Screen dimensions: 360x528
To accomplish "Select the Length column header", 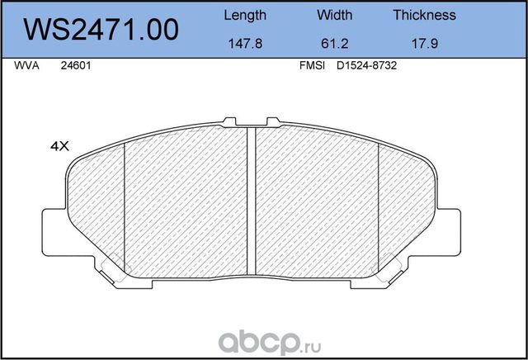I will (x=245, y=15).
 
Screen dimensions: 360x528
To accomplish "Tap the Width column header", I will (x=334, y=15).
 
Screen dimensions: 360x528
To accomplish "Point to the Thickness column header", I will (x=424, y=15).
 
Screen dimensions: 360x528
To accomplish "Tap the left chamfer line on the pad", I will (x=124, y=206).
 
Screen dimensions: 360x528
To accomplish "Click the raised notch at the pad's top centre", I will (x=252, y=124).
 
